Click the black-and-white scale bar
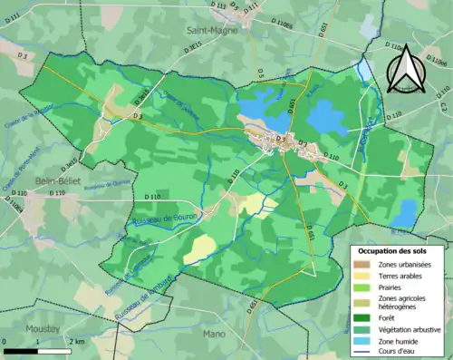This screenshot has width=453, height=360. (36, 350)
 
